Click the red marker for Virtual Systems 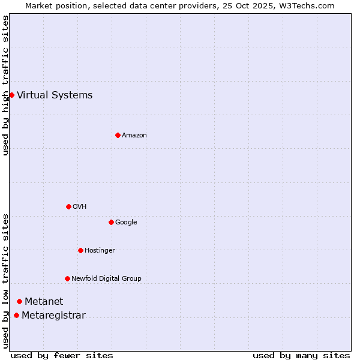coord(11,95)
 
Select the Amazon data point coord(118,135)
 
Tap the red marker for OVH coord(68,206)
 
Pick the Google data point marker coord(111,222)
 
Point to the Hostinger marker coord(80,250)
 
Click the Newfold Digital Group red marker coord(67,278)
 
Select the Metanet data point coord(19,301)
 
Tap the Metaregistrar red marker coord(16,316)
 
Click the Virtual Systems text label coord(55,95)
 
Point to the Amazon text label coord(134,136)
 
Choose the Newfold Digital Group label coord(106,278)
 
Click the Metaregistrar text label coord(53,316)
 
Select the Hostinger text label coord(100,250)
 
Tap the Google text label coord(126,223)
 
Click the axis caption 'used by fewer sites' coord(62,355)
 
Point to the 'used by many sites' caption coord(301,355)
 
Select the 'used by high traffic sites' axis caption coord(5,85)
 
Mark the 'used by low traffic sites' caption coord(5,281)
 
